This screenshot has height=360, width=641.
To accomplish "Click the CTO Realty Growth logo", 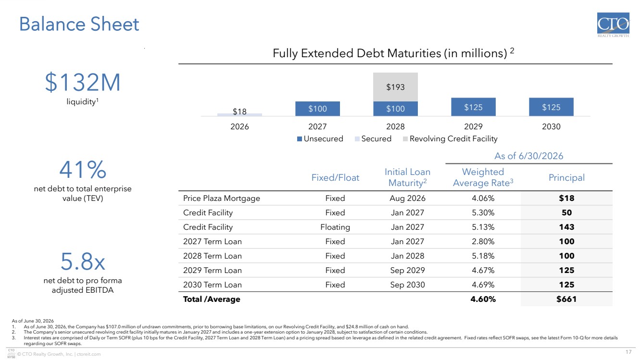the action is (613, 25).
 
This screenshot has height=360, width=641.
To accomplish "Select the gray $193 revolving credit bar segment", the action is (395, 87).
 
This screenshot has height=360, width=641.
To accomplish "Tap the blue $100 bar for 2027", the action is (317, 109).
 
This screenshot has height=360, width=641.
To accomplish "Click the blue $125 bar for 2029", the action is (473, 107).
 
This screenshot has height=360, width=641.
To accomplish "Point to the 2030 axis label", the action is (551, 126).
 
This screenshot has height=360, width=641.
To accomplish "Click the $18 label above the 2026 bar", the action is (239, 111).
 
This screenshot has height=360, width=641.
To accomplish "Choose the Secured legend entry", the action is (373, 139).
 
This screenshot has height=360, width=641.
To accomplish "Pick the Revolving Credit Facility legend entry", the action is (450, 139).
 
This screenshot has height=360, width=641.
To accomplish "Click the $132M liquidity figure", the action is (83, 82).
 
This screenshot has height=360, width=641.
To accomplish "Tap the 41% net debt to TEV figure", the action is (83, 169).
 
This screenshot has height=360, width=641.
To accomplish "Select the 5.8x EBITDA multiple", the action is (83, 261).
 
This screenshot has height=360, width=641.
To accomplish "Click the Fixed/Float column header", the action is (335, 177).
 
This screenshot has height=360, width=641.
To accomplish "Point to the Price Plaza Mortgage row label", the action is (222, 198).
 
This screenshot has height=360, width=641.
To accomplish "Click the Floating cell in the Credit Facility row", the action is (335, 227).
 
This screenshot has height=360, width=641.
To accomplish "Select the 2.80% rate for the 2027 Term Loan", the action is (483, 241).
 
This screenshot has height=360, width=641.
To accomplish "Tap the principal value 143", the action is (566, 227).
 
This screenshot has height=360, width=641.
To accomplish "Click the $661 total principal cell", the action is (566, 299).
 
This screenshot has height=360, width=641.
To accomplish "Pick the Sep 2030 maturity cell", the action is (407, 285).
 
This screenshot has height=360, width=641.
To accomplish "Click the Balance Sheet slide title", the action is (79, 24).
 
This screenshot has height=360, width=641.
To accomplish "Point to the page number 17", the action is (628, 352).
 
